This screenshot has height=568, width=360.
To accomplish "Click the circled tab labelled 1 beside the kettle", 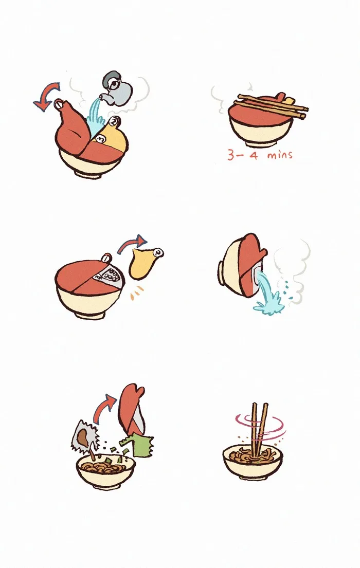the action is click(59, 104).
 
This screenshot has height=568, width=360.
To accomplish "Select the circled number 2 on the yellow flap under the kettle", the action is click(115, 121).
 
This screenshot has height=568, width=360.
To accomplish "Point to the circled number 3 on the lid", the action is click(101, 139).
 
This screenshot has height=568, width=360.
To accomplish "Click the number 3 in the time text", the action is click(231, 155).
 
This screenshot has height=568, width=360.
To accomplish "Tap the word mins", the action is click(280, 156).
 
